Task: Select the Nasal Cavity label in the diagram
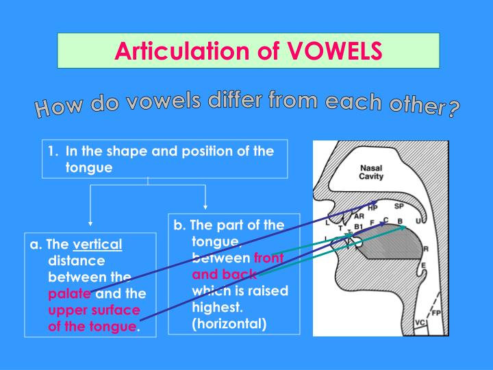pos(371,172)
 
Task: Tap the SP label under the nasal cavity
pos(399,206)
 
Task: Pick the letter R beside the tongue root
pos(425,249)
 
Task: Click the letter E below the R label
pos(423,266)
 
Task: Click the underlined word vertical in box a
pos(97,245)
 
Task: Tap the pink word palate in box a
pos(69,294)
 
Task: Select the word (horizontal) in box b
pos(229,323)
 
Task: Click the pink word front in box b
pos(268,258)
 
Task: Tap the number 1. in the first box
pos(52,151)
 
